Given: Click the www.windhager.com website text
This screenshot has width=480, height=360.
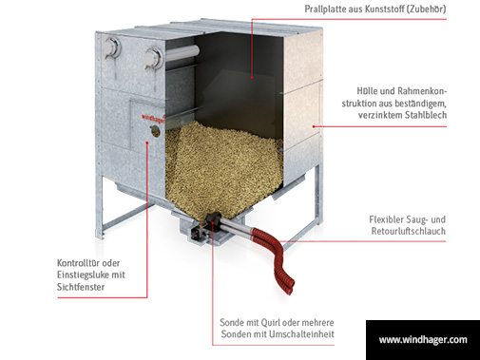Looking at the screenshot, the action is tap(423, 340).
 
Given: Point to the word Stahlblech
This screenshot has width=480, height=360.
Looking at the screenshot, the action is tap(447, 115).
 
